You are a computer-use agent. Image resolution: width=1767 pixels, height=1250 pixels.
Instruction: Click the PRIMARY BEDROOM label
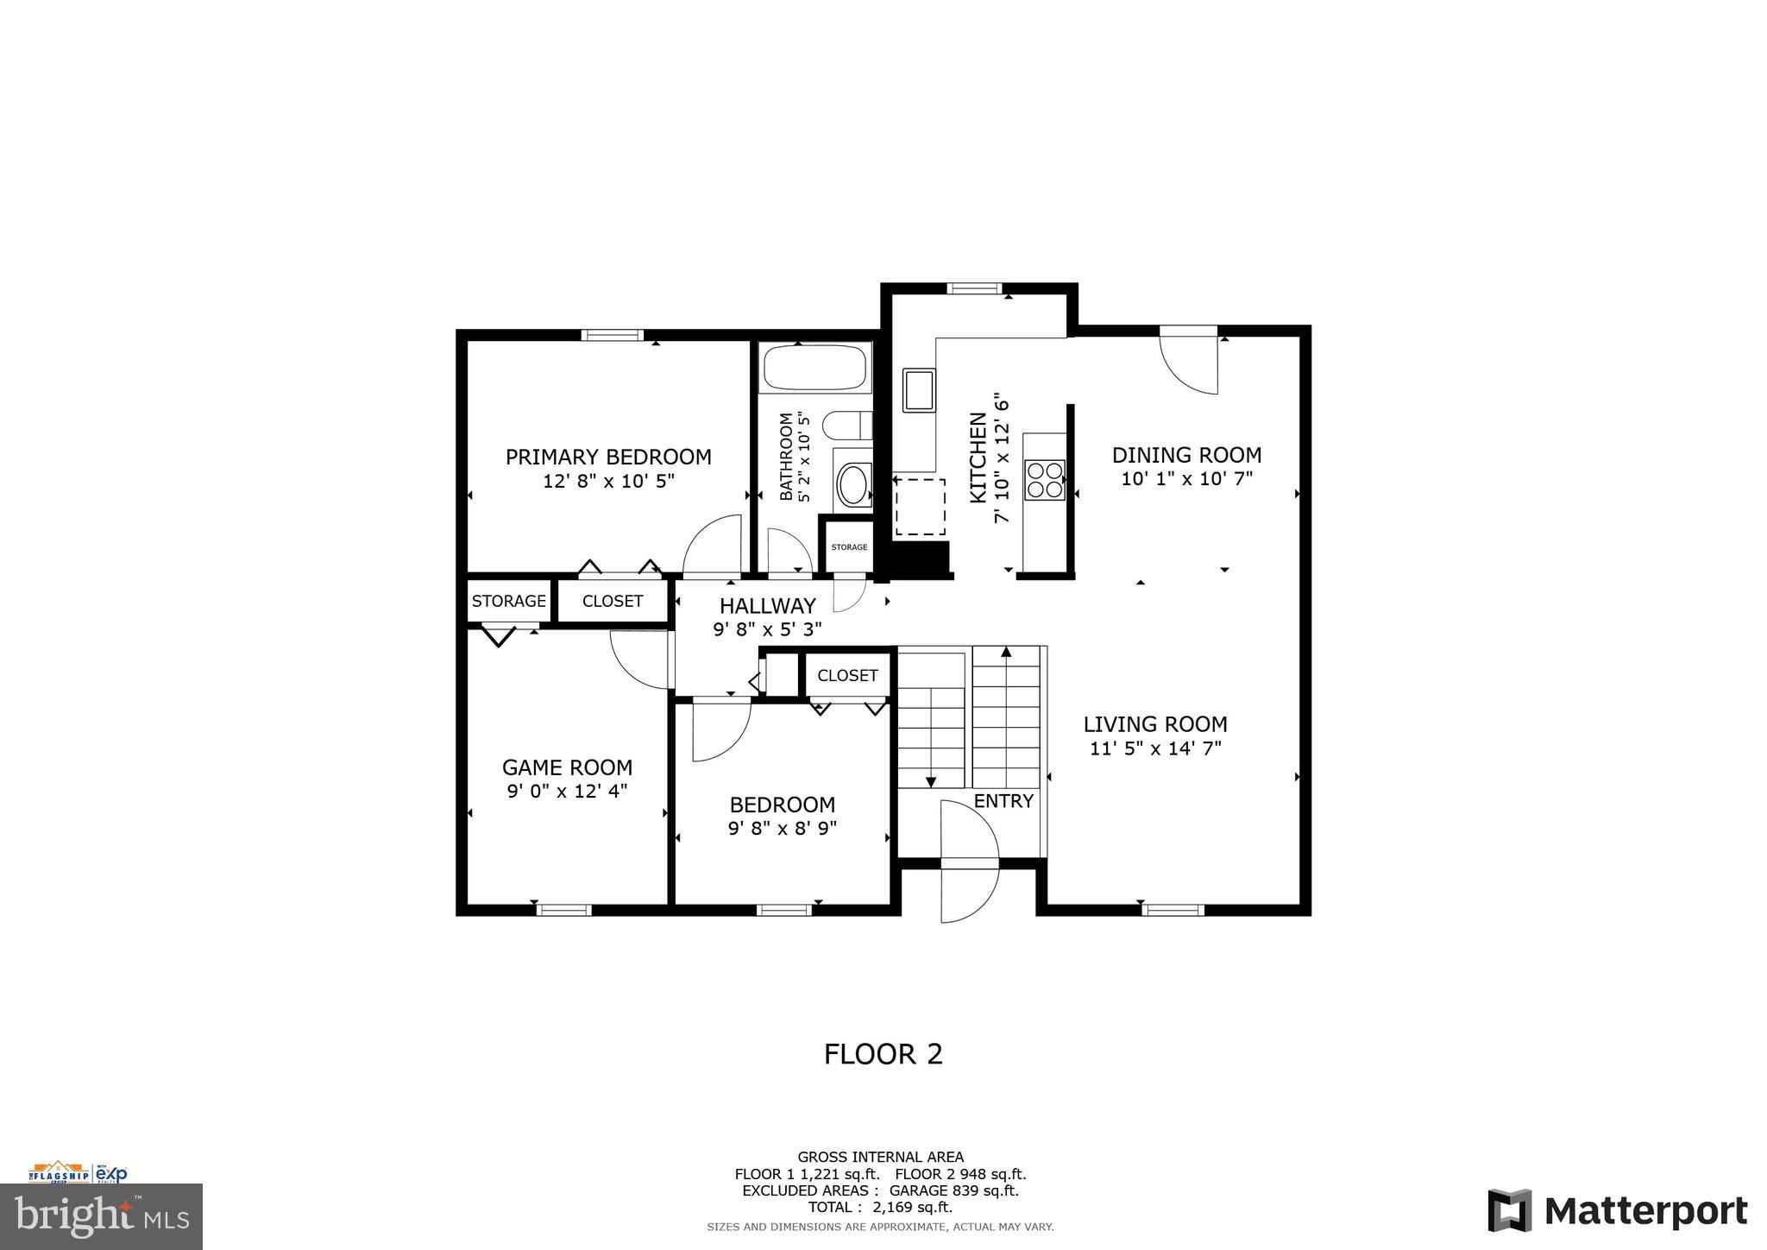[608, 457]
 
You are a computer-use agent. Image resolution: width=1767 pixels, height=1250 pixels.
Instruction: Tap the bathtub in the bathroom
[814, 368]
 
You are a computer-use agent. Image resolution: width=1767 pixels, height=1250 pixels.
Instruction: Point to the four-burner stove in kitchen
[1044, 480]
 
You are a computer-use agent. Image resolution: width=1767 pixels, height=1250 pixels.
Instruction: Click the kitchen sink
[919, 389]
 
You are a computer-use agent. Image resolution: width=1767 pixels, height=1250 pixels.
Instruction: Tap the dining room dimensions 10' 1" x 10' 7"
[1186, 478]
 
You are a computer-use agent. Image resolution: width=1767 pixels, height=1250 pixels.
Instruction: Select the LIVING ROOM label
[1155, 724]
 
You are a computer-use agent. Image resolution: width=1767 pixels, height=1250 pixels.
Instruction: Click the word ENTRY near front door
[1003, 801]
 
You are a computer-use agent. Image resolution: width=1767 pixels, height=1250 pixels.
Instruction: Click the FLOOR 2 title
[883, 1054]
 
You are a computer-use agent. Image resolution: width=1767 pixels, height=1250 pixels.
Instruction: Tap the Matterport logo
[1617, 1210]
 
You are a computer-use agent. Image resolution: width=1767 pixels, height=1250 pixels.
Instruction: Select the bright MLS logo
[101, 1215]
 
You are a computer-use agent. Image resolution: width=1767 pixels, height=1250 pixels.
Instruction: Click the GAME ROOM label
[567, 767]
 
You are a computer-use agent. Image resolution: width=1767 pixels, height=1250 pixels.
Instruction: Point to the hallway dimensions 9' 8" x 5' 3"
[767, 629]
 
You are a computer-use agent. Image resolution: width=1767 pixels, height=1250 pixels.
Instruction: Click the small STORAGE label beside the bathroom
[849, 547]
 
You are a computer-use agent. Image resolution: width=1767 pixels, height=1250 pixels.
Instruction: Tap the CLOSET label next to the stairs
[847, 675]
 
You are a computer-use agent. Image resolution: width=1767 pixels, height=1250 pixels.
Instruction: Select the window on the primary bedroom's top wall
[612, 335]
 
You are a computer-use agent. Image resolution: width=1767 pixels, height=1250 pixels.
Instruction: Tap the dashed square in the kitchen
[920, 507]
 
